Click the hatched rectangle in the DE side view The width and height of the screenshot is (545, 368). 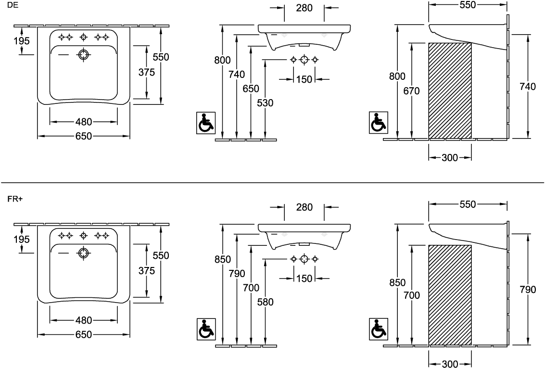pyautogui.click(x=450, y=90)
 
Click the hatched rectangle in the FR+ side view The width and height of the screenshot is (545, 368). pyautogui.click(x=450, y=295)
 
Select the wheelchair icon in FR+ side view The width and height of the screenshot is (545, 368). pyautogui.click(x=378, y=329)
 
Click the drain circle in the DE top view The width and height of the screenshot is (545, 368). pyautogui.click(x=84, y=55)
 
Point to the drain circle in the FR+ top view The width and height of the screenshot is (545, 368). pyautogui.click(x=84, y=254)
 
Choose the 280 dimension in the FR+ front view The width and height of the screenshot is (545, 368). pyautogui.click(x=304, y=207)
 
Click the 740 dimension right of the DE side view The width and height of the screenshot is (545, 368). pyautogui.click(x=528, y=87)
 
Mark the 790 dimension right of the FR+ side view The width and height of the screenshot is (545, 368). pyautogui.click(x=528, y=290)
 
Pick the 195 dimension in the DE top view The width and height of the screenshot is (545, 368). pyautogui.click(x=21, y=41)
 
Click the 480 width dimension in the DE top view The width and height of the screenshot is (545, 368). pyautogui.click(x=83, y=122)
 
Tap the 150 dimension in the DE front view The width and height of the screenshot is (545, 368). pyautogui.click(x=304, y=79)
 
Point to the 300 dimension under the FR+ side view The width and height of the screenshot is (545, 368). pyautogui.click(x=450, y=364)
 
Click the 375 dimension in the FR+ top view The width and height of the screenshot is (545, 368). pyautogui.click(x=147, y=271)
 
